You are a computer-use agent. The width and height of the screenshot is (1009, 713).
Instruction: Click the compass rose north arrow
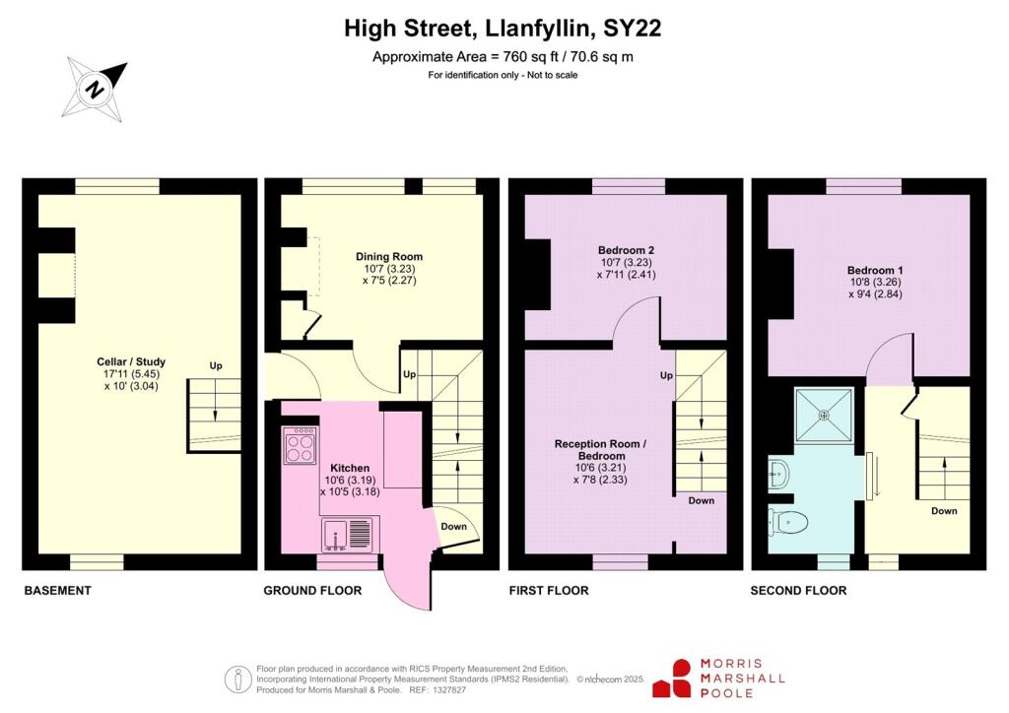(x=96, y=89)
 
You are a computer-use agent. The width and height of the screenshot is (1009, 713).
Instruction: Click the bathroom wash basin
(x=777, y=474)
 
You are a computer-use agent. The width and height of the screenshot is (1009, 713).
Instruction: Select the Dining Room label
(x=388, y=257)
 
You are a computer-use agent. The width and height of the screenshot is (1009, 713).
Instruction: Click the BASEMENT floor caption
(x=57, y=591)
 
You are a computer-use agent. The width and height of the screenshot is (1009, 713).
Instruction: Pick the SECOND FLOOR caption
(x=798, y=591)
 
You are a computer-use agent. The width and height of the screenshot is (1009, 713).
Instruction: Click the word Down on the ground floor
(x=454, y=526)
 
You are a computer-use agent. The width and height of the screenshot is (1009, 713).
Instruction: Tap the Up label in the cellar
(x=216, y=366)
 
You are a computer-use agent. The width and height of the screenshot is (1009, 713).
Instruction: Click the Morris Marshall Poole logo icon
(x=674, y=679)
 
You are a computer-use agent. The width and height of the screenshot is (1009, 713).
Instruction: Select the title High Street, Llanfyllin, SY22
(x=503, y=29)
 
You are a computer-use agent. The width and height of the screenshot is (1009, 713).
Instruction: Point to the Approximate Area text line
(x=503, y=57)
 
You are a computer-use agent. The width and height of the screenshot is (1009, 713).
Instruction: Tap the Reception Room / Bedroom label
(x=600, y=450)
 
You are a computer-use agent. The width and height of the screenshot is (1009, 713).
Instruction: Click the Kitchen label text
(x=350, y=468)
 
